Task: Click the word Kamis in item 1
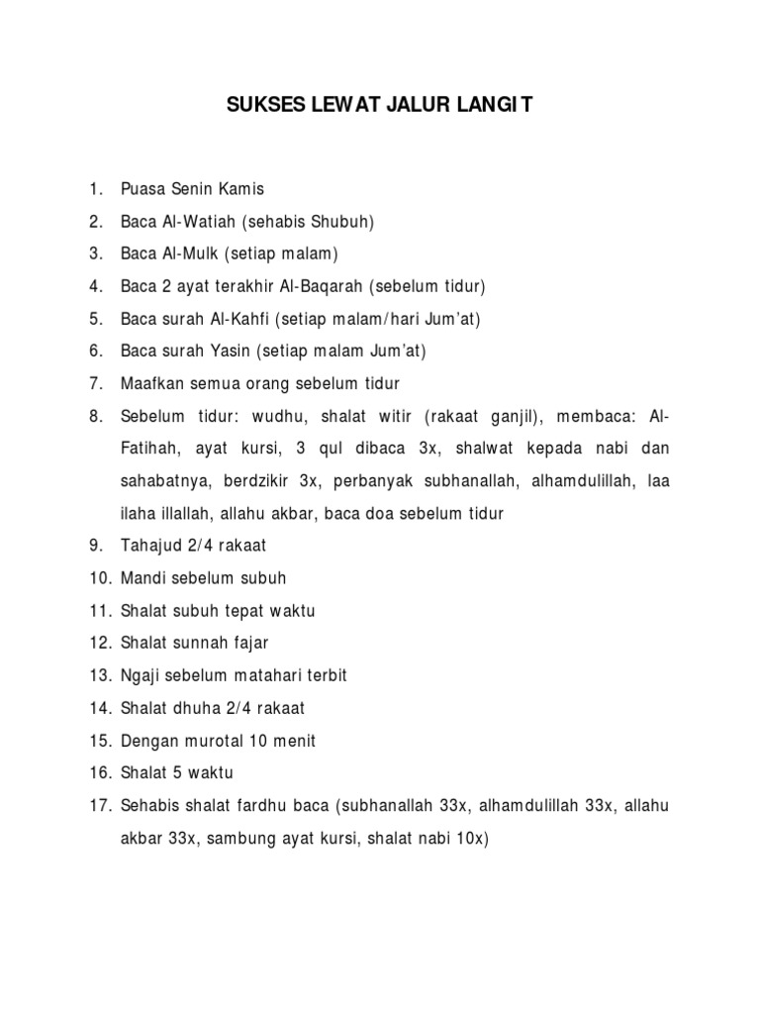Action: [x=243, y=189]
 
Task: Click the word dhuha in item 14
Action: [x=194, y=708]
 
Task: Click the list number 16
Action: [x=98, y=772]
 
